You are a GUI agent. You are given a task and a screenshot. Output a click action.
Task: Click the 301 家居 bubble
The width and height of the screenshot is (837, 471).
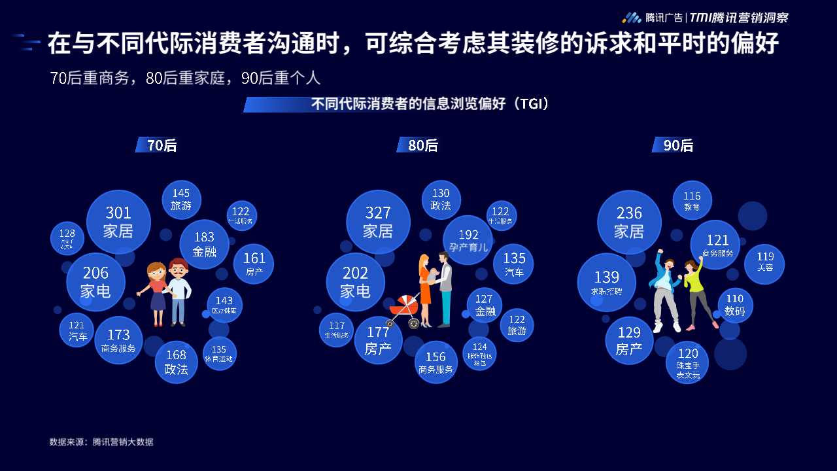point(118,222)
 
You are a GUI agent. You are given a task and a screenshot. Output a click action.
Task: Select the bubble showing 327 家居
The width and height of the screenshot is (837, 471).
point(378,222)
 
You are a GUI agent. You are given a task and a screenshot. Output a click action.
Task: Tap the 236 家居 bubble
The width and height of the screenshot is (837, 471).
point(629,222)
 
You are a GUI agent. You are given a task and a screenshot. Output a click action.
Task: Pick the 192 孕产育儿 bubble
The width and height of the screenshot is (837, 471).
point(468,240)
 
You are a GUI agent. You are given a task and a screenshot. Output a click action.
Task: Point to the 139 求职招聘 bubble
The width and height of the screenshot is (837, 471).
point(606,283)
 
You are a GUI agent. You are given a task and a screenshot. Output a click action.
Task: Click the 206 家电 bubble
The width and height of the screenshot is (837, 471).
point(95,282)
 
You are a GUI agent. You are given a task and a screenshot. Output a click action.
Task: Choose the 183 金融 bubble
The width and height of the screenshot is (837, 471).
point(204,244)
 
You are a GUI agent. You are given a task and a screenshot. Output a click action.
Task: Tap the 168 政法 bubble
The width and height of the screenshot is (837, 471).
point(176,362)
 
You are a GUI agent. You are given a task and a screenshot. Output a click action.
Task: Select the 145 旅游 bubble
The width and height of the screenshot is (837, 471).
point(181,199)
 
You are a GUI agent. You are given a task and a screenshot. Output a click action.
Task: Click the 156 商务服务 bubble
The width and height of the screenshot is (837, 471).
point(436,362)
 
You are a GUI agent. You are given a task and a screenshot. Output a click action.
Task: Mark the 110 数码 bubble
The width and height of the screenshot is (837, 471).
point(735,305)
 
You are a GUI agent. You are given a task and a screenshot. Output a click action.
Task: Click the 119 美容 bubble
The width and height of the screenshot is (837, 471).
point(765,262)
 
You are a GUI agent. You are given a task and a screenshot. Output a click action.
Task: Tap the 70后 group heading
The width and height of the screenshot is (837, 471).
point(157,145)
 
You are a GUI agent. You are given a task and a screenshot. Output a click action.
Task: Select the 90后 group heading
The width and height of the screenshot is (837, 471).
point(674,145)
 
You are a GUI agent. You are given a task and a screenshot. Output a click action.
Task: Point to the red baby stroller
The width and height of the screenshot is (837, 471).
point(403,311)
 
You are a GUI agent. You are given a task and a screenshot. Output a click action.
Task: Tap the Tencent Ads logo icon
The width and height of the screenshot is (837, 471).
point(631,18)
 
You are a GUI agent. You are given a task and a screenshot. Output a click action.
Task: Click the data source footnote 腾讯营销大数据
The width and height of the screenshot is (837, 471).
point(101,442)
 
